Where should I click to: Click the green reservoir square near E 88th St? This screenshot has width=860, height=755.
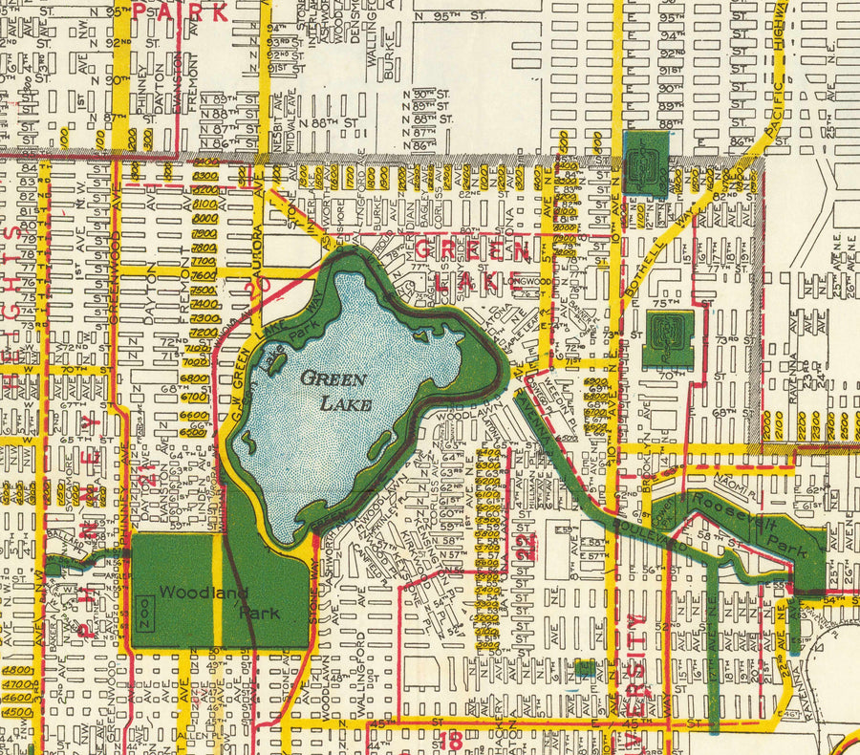click(x=646, y=163)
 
